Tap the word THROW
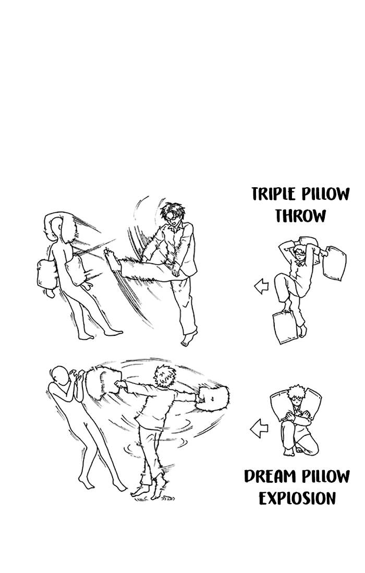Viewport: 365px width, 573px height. click(x=300, y=216)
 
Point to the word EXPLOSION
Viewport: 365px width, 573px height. click(x=297, y=498)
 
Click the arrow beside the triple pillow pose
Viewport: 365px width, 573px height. click(x=261, y=286)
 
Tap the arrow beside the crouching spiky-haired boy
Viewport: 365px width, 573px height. click(x=259, y=428)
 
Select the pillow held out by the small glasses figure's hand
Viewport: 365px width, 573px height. click(x=334, y=263)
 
